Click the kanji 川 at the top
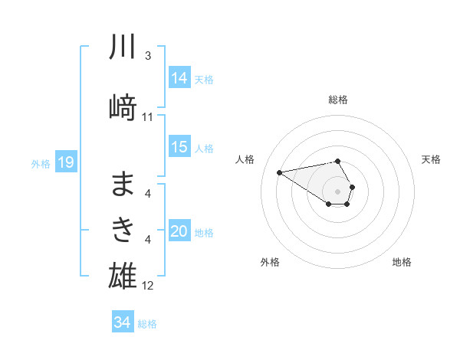pyautogui.click(x=123, y=47)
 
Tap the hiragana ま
pyautogui.click(x=123, y=184)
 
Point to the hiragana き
pyautogui.click(x=123, y=228)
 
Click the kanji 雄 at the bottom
pyautogui.click(x=123, y=274)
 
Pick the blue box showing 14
pyautogui.click(x=179, y=77)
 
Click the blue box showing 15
pyautogui.click(x=179, y=147)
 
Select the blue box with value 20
pyautogui.click(x=179, y=231)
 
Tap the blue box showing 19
pyautogui.click(x=66, y=162)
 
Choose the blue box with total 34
pyautogui.click(x=122, y=322)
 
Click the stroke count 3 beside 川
pyautogui.click(x=148, y=56)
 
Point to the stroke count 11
pyautogui.click(x=148, y=117)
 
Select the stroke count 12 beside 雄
pyautogui.click(x=148, y=286)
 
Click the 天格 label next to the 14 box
pyautogui.click(x=204, y=79)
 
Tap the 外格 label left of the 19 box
pyautogui.click(x=41, y=163)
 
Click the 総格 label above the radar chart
pyautogui.click(x=338, y=100)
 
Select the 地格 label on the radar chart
pyautogui.click(x=402, y=262)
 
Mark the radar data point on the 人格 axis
pyautogui.click(x=280, y=172)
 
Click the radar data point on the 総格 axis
pyautogui.click(x=338, y=161)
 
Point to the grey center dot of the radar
pyautogui.click(x=338, y=191)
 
